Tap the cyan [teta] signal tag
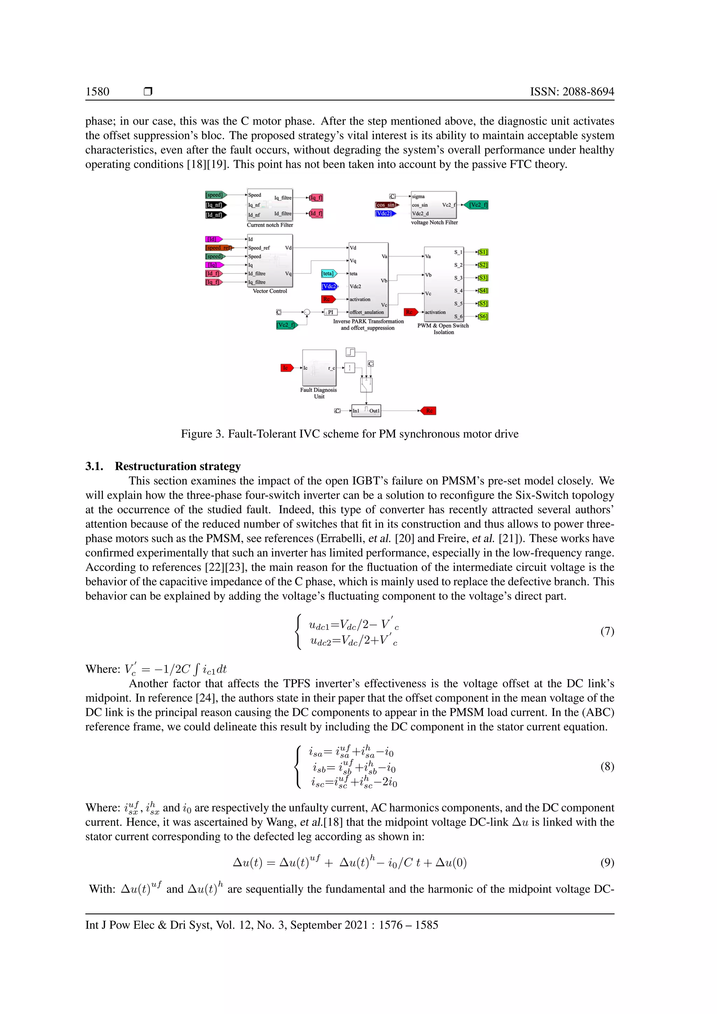(x=328, y=273)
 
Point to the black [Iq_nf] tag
(x=215, y=205)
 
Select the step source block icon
(x=350, y=352)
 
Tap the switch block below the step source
(x=366, y=385)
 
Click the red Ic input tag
(x=286, y=368)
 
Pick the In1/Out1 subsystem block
(x=366, y=411)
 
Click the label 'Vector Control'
(x=270, y=291)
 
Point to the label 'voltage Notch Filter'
(x=434, y=223)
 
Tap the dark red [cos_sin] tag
(x=386, y=205)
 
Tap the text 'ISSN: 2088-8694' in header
(x=572, y=92)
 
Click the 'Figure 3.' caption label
(x=202, y=434)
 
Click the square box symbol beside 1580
(x=148, y=91)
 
